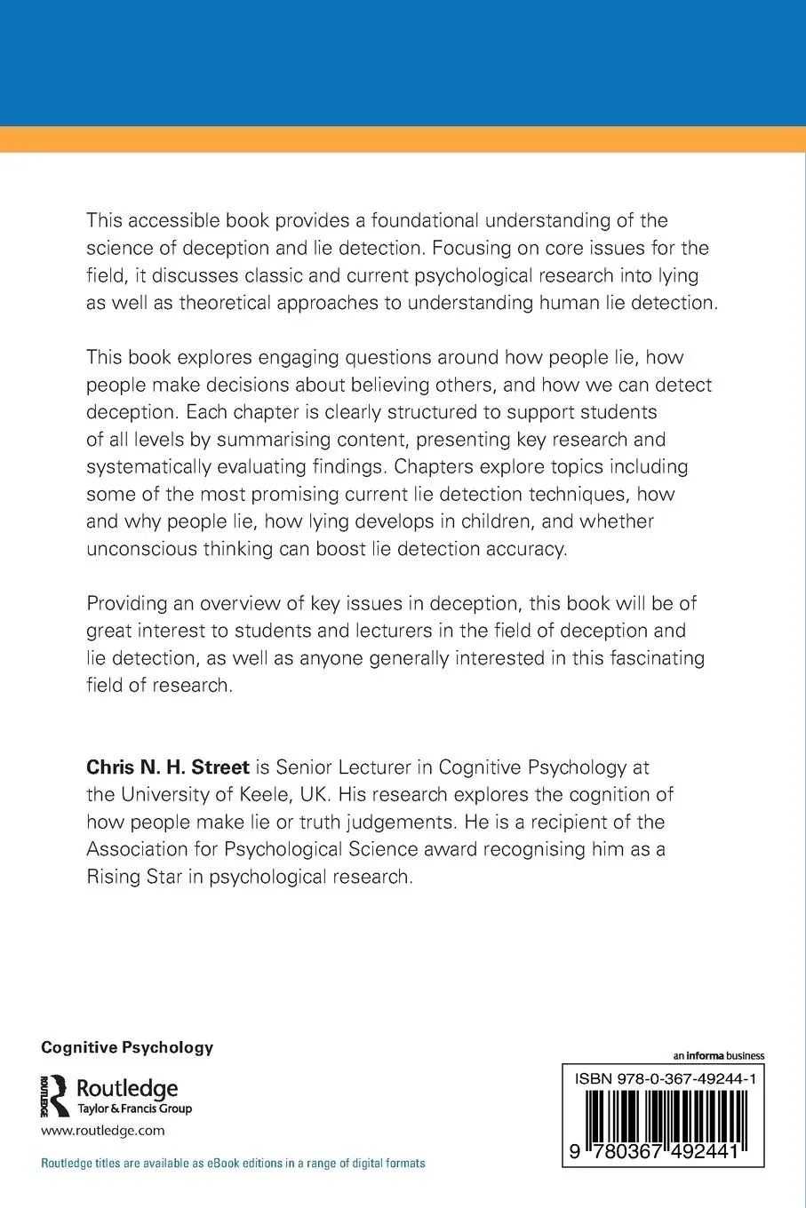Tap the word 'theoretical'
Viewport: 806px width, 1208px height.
(233, 302)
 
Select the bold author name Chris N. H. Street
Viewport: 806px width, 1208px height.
(167, 767)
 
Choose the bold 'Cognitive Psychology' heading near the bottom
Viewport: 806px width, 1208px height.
(127, 1047)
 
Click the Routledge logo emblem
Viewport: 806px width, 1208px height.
(55, 1095)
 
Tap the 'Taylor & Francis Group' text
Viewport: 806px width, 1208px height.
(135, 1109)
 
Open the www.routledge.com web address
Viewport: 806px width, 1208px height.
(102, 1131)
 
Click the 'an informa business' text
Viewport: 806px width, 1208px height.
(718, 1056)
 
